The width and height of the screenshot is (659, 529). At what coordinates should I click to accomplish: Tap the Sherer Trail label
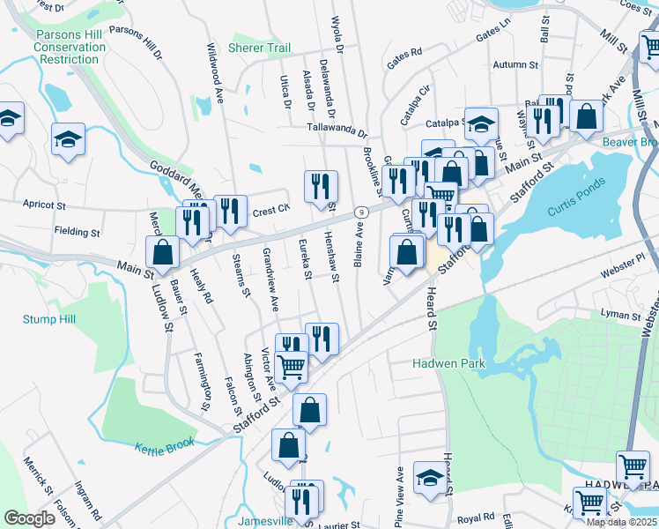[x=259, y=48]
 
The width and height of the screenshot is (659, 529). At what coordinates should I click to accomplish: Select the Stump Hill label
[x=50, y=319]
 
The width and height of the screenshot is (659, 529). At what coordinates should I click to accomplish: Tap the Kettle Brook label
[x=165, y=445]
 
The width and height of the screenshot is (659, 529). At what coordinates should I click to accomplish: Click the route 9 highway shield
[x=361, y=212]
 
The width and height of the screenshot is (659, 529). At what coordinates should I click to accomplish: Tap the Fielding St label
[x=77, y=232]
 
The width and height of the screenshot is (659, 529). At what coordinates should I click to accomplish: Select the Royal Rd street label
[x=476, y=518]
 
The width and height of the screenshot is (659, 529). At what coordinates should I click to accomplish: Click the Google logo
[x=29, y=518]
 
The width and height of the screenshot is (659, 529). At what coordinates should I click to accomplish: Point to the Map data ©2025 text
[x=621, y=522]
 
